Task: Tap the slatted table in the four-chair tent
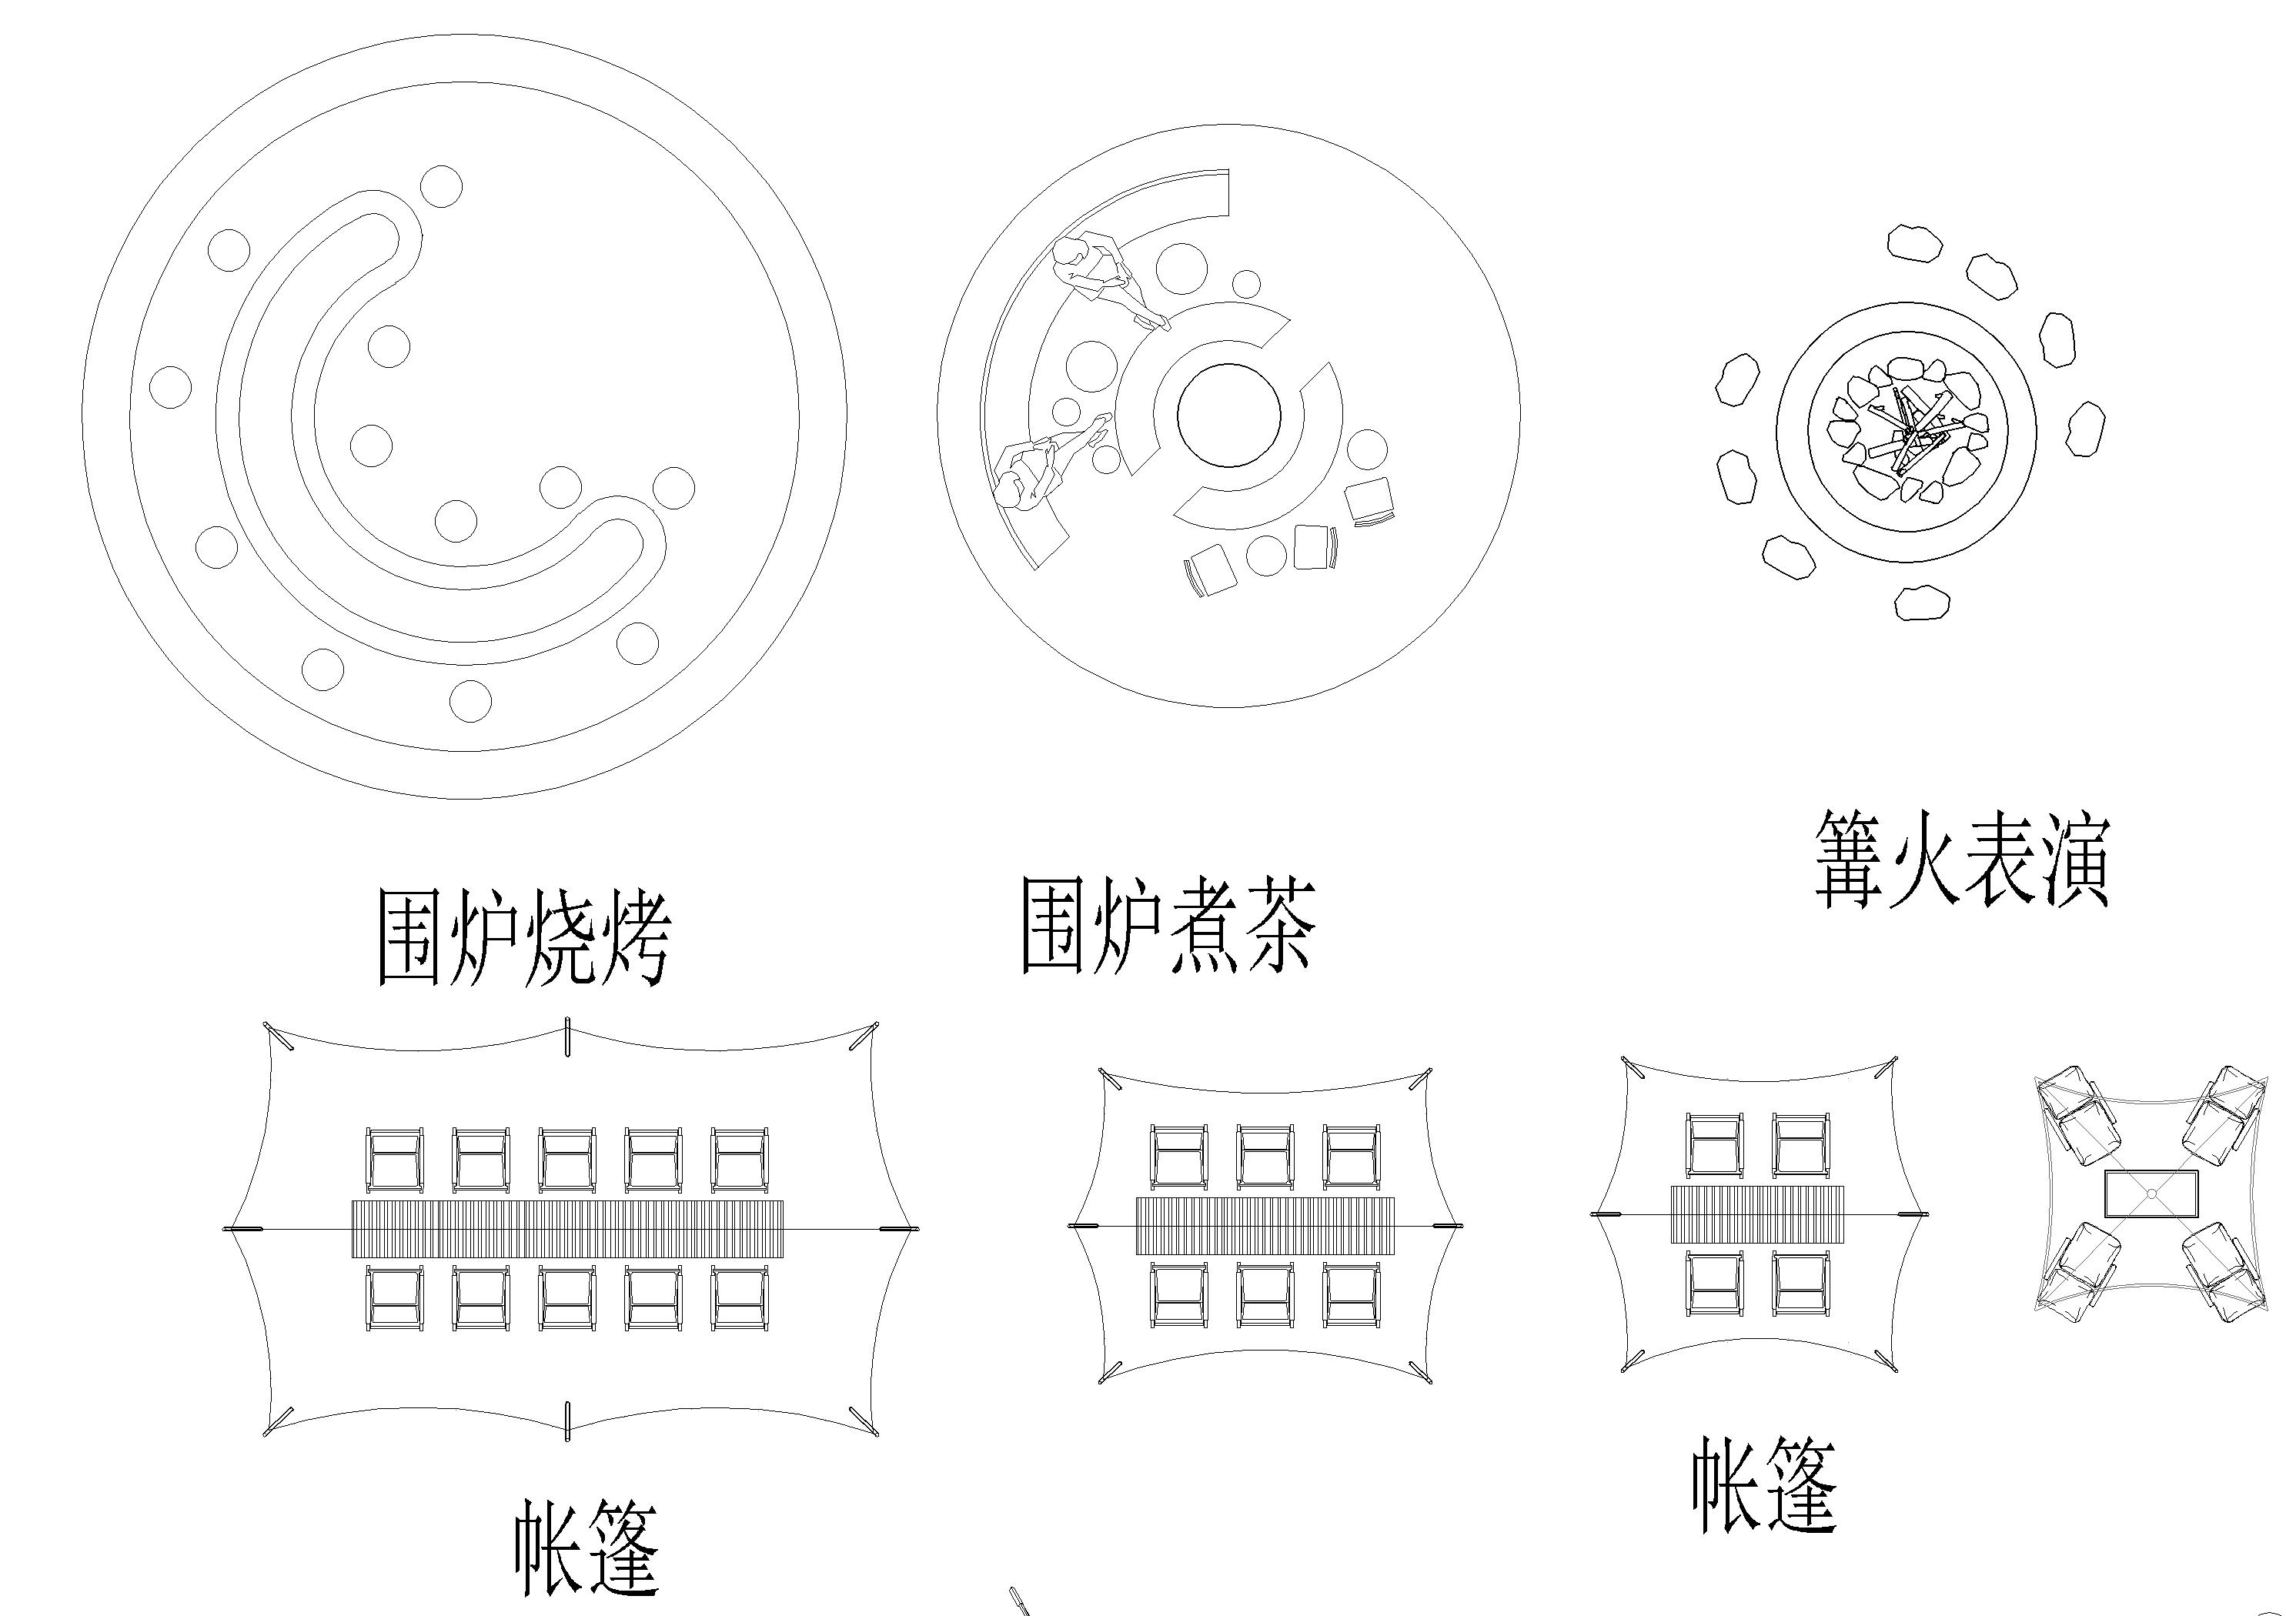pos(1756,1214)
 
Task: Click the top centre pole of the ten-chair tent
pos(567,1036)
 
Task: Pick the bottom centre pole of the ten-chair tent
pos(567,1420)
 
